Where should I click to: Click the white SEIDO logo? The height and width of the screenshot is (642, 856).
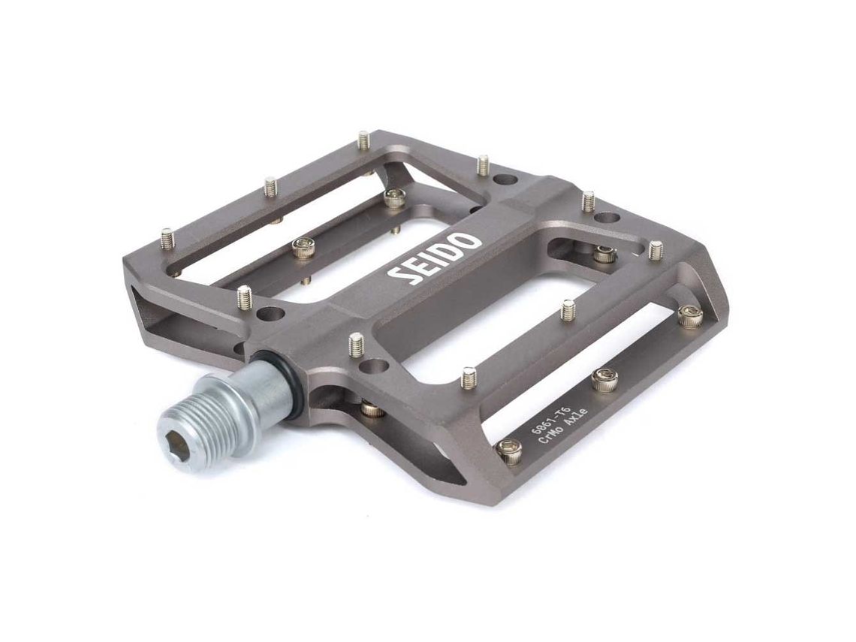pos(433,259)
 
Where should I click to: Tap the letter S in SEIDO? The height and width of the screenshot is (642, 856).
pos(399,276)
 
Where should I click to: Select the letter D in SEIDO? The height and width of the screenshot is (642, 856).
pos(451,251)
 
